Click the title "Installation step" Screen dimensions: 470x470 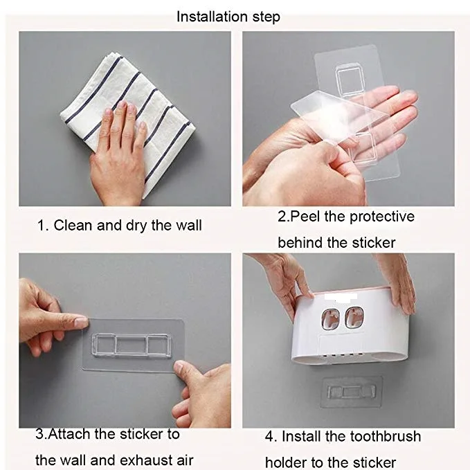click(228, 17)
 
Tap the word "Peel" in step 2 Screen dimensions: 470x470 click(306, 217)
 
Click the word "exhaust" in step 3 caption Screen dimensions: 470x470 click(141, 460)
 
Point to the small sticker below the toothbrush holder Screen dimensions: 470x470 click(351, 392)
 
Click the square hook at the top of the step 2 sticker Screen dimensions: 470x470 click(349, 80)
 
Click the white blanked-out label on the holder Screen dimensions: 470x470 click(341, 297)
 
